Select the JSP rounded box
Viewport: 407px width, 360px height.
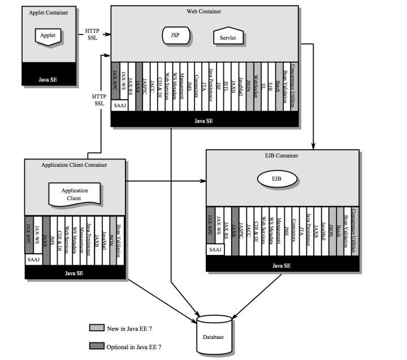pos(176,35)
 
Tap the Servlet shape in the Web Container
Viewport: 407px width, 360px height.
pos(229,37)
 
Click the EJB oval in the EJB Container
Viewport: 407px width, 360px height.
pos(276,180)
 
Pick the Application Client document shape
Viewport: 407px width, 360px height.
pos(74,194)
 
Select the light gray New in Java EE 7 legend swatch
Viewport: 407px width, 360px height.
pos(97,328)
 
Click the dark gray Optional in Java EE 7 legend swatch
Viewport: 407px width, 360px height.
pos(97,346)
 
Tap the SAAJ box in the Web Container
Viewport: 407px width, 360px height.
pos(120,105)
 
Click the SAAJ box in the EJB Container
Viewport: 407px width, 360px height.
pos(215,249)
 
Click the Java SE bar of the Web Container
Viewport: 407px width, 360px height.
pos(203,121)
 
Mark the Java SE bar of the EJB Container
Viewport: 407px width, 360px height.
pos(282,265)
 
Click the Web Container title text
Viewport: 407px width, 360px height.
pos(203,11)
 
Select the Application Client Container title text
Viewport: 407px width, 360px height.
pos(74,164)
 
